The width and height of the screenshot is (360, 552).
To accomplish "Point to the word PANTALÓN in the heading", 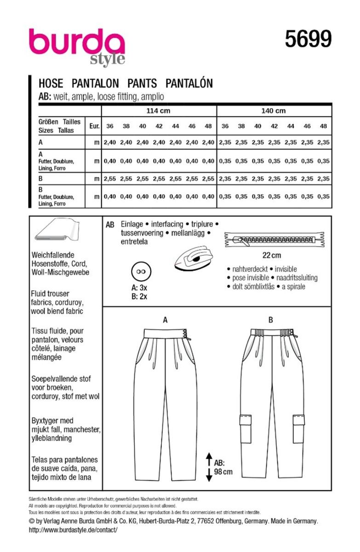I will pos(189,83).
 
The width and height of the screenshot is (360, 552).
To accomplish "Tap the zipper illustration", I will pos(275,239).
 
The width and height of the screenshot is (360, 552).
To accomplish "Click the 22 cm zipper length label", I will pos(275,255).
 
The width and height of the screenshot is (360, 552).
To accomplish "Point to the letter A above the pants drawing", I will pos(165,320).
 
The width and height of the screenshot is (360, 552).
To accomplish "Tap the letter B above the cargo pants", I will pos(271,320).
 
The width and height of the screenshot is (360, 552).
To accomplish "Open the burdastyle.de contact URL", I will pos(73,529).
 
